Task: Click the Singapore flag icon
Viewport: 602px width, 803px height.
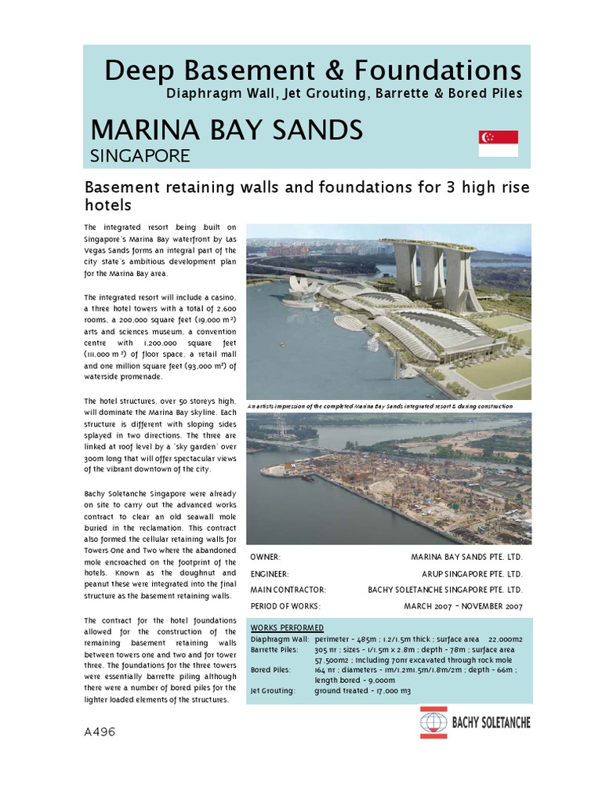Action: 498,144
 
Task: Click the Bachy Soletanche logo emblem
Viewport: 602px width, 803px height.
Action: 433,722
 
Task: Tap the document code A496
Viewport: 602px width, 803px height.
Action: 100,732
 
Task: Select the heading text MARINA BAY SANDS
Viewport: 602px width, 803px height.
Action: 227,129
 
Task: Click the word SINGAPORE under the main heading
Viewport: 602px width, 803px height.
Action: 140,156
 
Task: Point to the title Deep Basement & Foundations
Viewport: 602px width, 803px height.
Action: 313,71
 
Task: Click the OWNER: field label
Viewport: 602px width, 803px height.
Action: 265,557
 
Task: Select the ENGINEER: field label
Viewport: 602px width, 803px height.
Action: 270,573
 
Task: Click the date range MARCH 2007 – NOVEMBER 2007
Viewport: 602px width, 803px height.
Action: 462,606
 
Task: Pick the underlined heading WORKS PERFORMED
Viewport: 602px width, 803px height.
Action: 286,628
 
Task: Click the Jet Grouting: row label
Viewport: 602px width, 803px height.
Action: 273,691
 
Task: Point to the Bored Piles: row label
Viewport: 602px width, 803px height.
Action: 270,670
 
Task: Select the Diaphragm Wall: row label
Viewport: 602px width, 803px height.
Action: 278,639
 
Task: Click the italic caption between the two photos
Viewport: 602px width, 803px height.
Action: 379,406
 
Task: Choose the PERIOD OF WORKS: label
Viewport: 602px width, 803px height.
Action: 285,606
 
